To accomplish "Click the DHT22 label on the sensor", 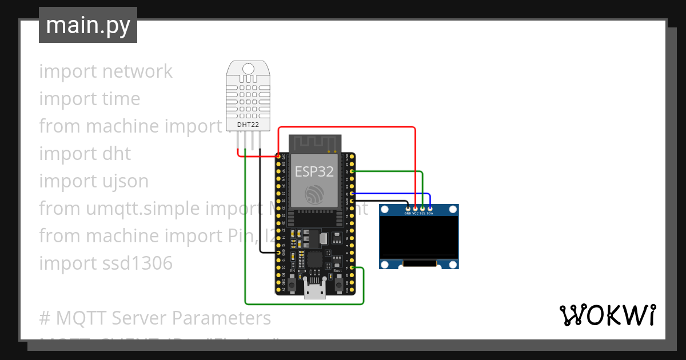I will (248, 123).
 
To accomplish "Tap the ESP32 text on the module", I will (314, 171).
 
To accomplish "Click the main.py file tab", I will (88, 25).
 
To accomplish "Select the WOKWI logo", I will (607, 315).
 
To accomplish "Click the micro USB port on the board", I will (314, 293).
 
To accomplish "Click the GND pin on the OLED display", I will (408, 209).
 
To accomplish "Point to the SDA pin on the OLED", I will (430, 209).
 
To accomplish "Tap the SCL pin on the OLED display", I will (422, 209).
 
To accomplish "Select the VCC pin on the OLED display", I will (415, 209).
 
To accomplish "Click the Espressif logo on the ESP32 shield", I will (314, 194).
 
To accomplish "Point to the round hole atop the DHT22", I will (248, 69).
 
